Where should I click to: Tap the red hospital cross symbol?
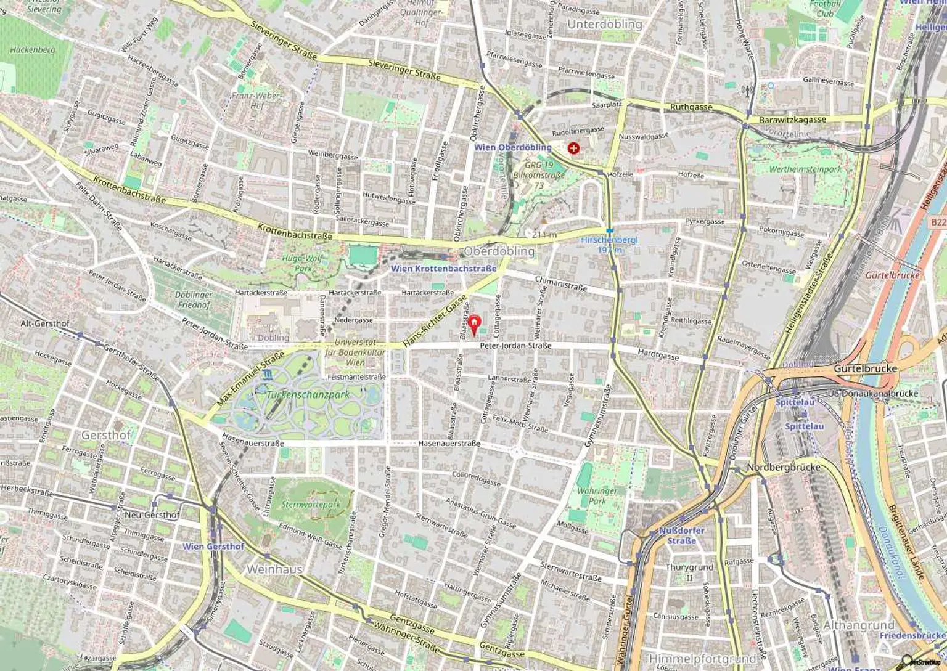click(573, 148)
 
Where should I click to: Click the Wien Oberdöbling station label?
click(512, 147)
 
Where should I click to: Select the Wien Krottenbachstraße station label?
click(443, 269)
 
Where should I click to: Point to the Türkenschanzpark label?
click(308, 395)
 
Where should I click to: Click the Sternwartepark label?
click(311, 504)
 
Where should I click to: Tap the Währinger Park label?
click(596, 496)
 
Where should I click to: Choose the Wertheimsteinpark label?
click(805, 169)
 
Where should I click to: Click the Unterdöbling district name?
click(604, 24)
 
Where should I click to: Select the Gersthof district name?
click(106, 435)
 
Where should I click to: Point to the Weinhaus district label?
click(274, 569)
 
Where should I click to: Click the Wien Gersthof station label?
click(213, 547)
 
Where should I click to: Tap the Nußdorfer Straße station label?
click(681, 535)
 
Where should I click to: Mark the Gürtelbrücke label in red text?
click(892, 275)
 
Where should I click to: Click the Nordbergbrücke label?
click(783, 467)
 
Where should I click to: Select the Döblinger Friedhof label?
click(194, 299)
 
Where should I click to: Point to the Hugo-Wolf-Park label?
click(303, 263)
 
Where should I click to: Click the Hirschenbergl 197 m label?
click(610, 245)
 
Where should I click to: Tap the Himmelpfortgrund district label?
click(702, 659)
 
